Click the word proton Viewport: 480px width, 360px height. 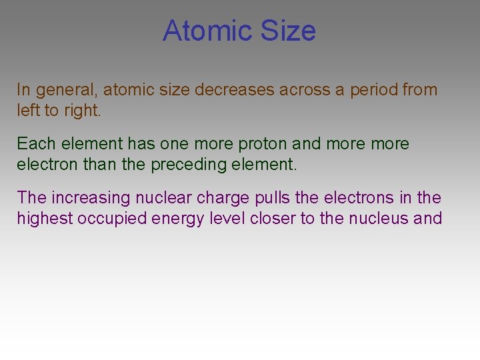(x=254, y=143)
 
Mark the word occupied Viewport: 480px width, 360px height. (x=107, y=219)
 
